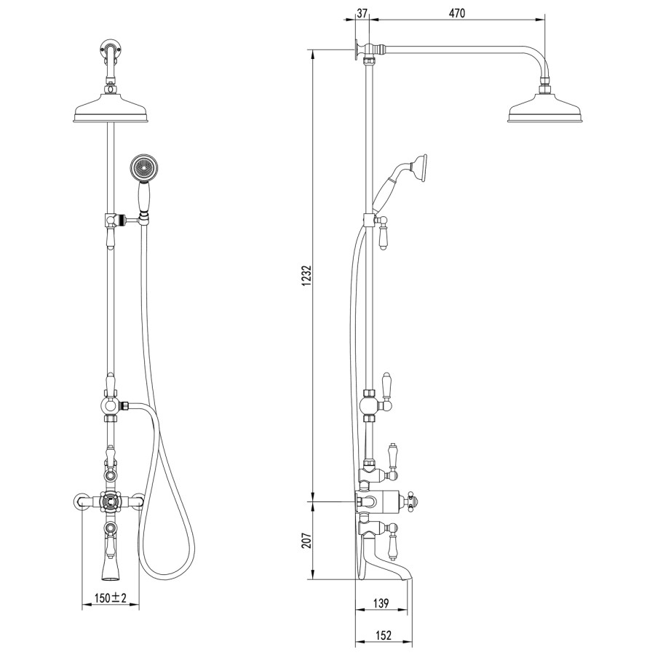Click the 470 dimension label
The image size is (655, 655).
tap(456, 13)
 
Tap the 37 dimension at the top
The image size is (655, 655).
tap(362, 13)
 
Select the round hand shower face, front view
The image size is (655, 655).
tap(143, 167)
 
